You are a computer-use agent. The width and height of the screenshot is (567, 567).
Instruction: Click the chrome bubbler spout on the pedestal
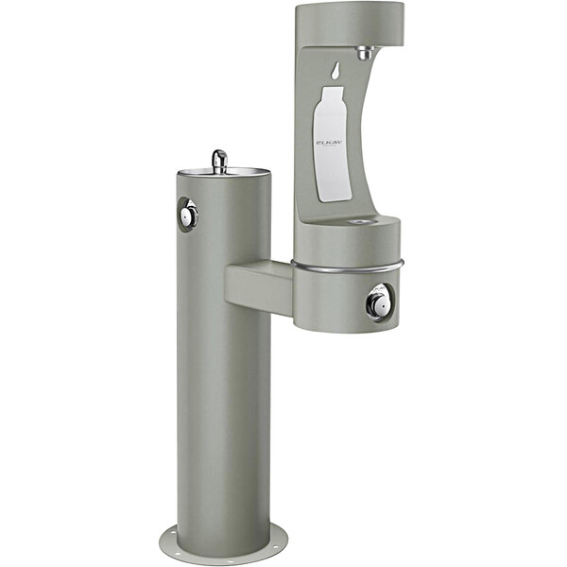[219, 160]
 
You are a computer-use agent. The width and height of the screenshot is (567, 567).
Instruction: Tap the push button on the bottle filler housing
[378, 302]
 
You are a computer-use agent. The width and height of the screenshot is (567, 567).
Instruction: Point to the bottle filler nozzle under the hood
[365, 53]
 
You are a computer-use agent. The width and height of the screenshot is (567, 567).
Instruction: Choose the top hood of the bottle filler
[350, 23]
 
